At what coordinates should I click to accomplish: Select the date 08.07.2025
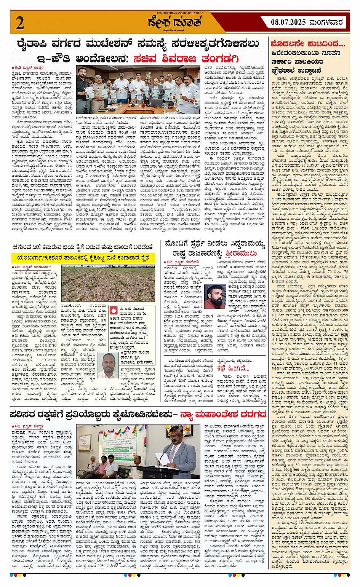pos(288,22)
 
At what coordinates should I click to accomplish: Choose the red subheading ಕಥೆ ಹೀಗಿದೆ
pos(233,368)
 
